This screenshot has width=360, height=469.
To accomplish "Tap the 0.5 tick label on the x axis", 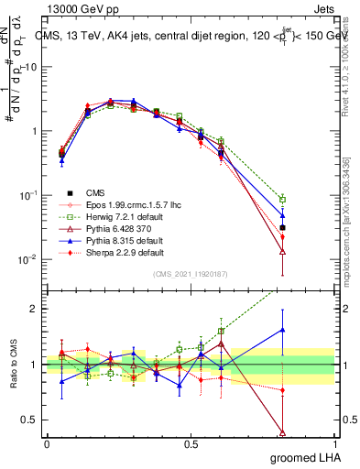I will point(191,444).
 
